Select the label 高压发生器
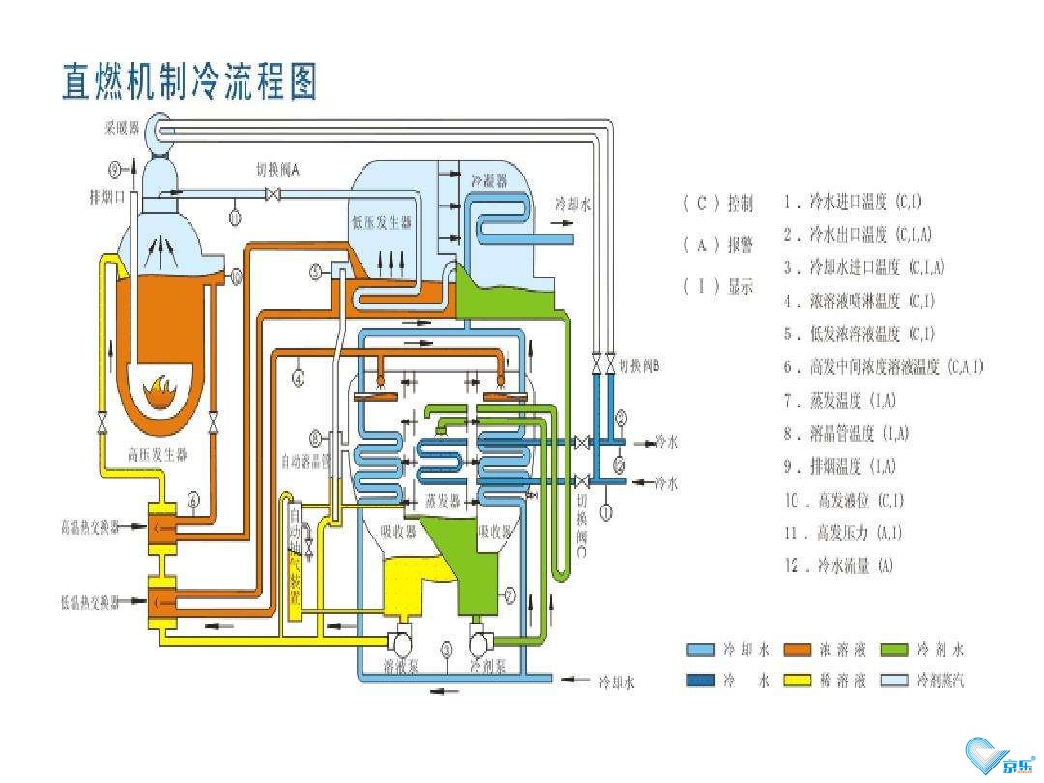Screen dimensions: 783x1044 point(158,452)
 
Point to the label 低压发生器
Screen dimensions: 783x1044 point(382,223)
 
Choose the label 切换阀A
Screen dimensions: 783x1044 point(279,169)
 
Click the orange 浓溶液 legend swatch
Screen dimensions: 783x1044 point(797,650)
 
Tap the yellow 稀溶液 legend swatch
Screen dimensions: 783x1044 point(797,681)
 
